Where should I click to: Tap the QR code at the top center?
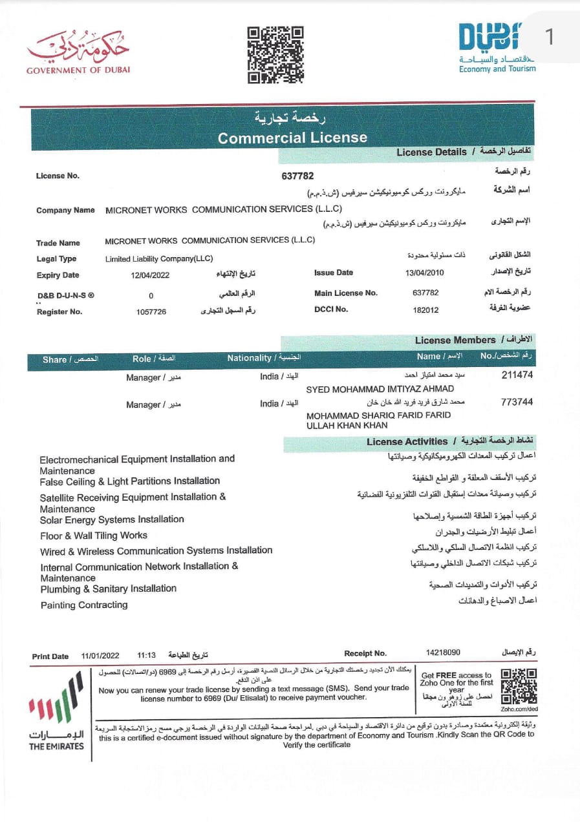click(276, 54)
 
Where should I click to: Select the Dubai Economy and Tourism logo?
click(497, 47)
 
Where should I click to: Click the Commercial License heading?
click(292, 138)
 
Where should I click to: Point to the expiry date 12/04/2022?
click(151, 275)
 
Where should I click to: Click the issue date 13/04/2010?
click(425, 273)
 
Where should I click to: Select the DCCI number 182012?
click(425, 310)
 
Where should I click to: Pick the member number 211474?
click(517, 375)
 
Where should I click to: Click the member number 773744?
click(517, 402)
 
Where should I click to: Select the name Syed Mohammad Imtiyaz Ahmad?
click(380, 389)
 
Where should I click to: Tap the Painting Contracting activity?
click(84, 605)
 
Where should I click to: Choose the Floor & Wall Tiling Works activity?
click(94, 536)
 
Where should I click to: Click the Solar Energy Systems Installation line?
click(112, 519)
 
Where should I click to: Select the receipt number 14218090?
click(443, 653)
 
